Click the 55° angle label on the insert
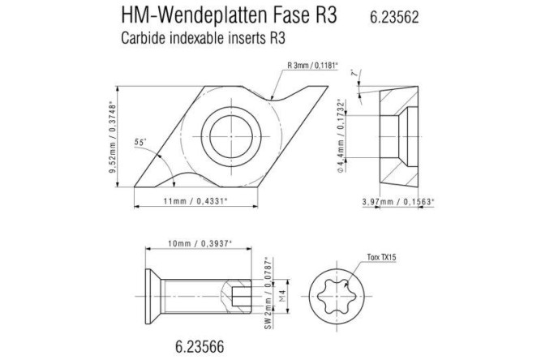click(x=143, y=142)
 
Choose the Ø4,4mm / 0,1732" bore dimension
click(x=347, y=134)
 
